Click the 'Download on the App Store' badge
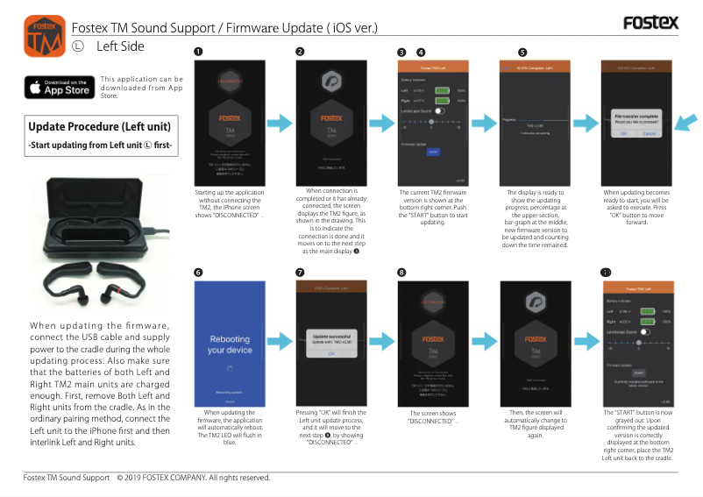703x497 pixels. [59, 88]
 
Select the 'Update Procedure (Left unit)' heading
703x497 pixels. [100, 126]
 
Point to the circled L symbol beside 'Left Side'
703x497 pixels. [77, 46]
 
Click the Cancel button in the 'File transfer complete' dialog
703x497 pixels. [649, 133]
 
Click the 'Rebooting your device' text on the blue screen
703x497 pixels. [229, 344]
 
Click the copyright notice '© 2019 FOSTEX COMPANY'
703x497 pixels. [193, 478]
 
